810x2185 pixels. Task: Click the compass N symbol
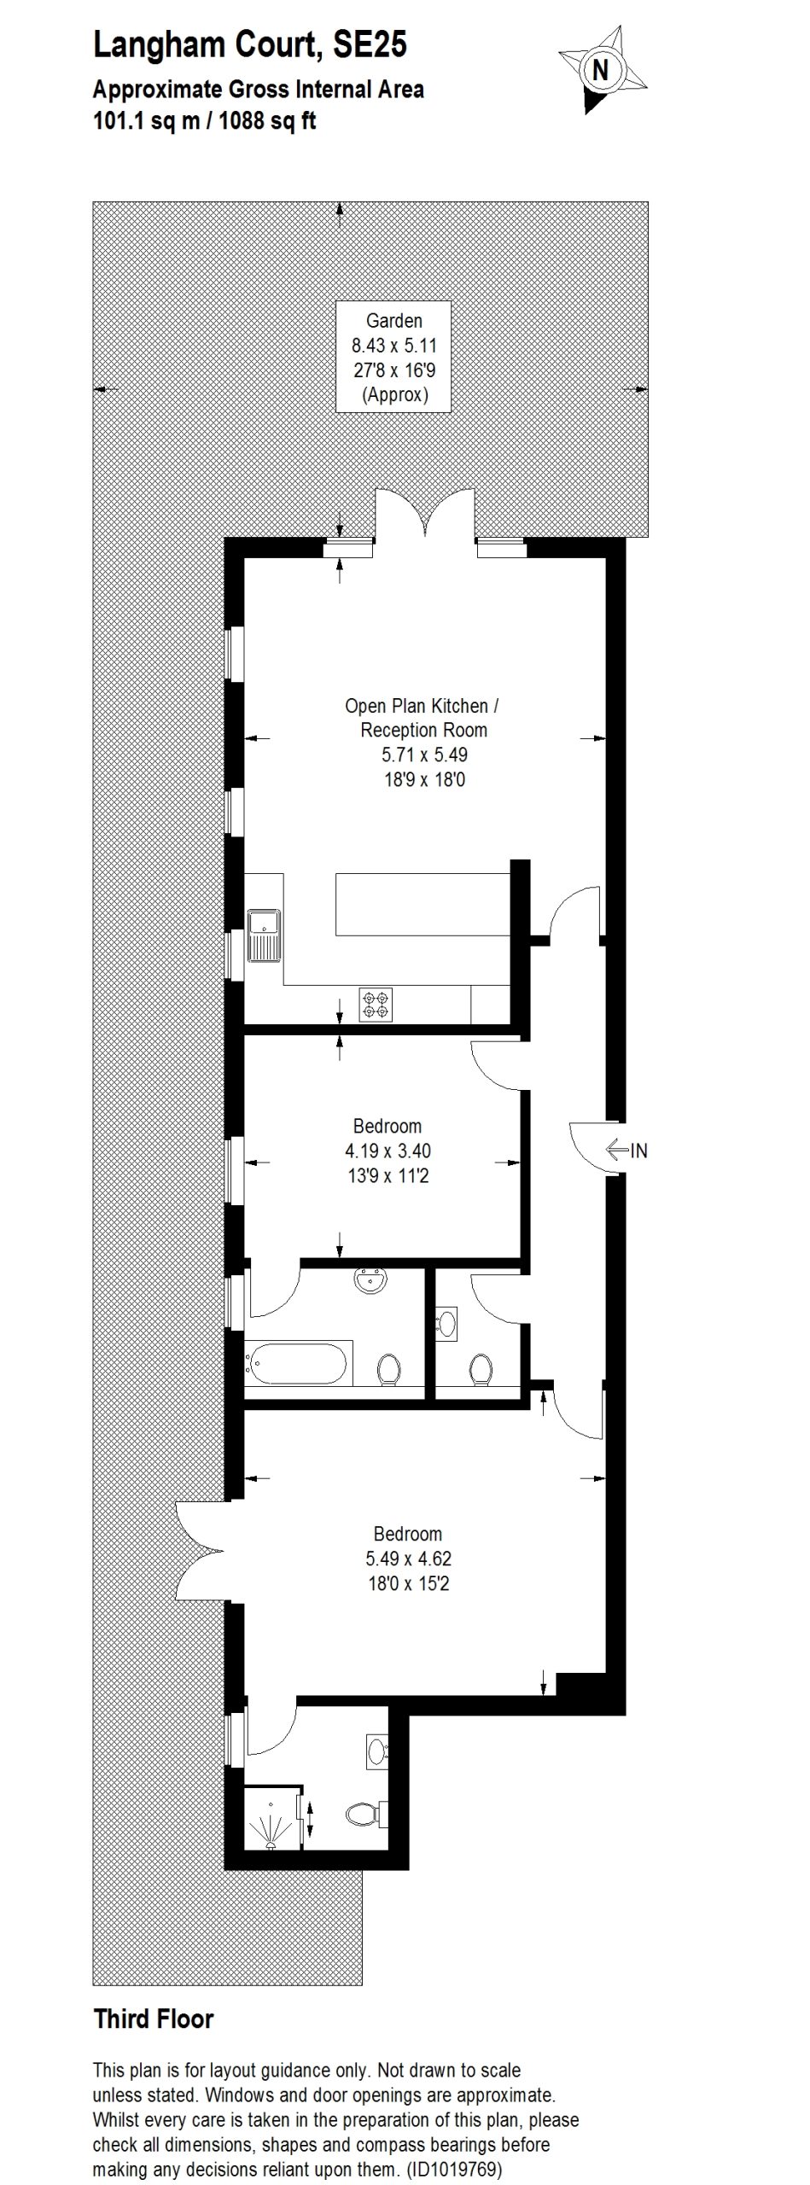click(x=600, y=70)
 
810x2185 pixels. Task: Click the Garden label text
click(x=393, y=321)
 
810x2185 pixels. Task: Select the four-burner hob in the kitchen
click(x=376, y=1005)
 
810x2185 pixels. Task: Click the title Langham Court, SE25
click(x=250, y=45)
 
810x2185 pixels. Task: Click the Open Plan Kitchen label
click(x=422, y=706)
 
